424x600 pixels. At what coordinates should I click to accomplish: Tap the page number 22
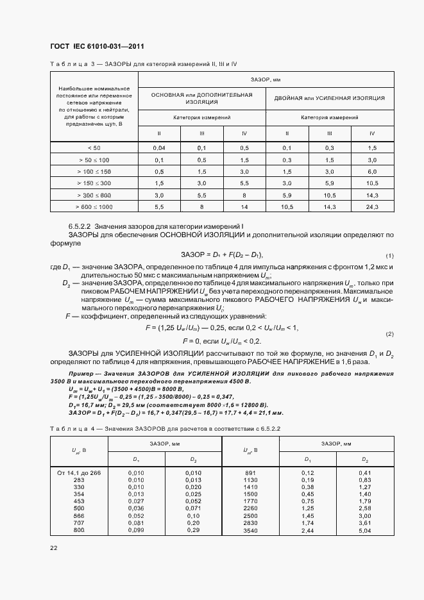click(x=53, y=548)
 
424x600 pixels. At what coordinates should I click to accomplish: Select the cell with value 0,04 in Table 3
click(x=159, y=147)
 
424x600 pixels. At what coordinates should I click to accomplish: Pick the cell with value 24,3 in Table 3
click(x=372, y=206)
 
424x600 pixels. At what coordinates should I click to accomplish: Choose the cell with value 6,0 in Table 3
click(x=372, y=171)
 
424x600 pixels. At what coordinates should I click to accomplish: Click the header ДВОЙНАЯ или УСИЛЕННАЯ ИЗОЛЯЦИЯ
click(x=329, y=98)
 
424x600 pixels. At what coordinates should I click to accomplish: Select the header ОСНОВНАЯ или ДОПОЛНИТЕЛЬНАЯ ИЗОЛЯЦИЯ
click(x=202, y=98)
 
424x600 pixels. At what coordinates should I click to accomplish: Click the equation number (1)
click(x=389, y=255)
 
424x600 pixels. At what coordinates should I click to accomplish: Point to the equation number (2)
click(x=389, y=335)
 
